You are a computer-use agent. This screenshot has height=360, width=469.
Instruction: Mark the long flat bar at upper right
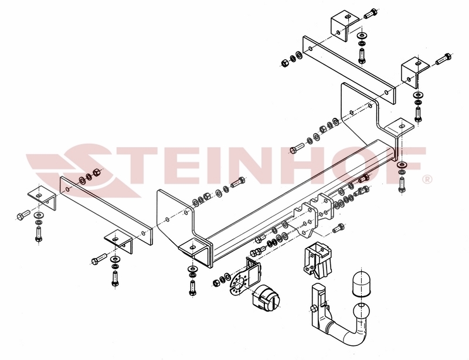pos(348,64)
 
